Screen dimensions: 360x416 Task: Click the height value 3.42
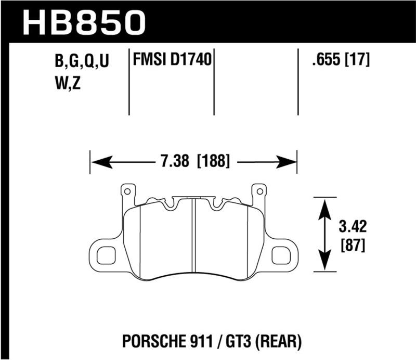click(353, 227)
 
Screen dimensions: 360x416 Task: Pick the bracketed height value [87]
click(353, 244)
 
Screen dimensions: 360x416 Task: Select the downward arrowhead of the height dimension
click(325, 262)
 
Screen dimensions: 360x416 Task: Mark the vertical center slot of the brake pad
click(193, 239)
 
